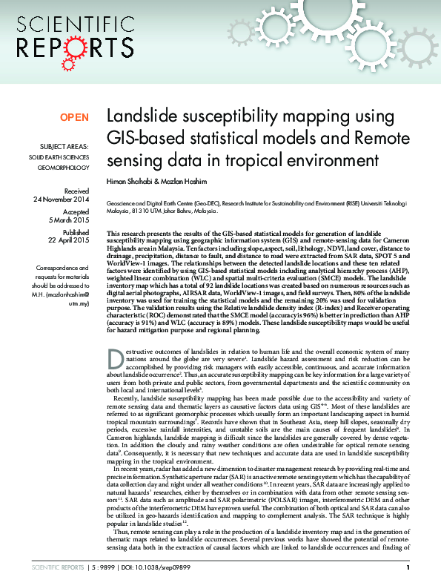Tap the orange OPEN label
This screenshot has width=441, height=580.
coord(74,117)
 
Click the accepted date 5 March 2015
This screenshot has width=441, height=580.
coord(69,220)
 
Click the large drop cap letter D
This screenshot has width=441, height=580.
coord(115,360)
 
